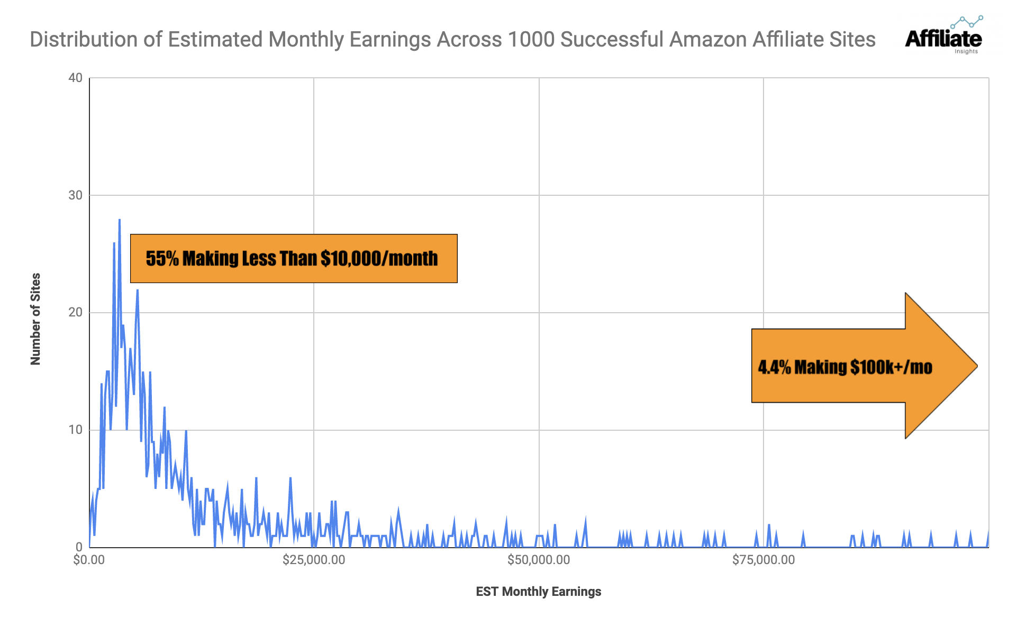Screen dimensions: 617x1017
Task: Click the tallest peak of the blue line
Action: click(x=120, y=220)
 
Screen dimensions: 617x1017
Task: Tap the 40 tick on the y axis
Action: click(x=76, y=78)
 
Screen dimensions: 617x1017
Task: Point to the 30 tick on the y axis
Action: click(x=76, y=195)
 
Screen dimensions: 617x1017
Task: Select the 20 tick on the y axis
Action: click(x=76, y=312)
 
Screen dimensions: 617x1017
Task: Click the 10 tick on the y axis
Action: click(x=76, y=430)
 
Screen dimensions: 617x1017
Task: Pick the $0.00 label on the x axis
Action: click(x=89, y=560)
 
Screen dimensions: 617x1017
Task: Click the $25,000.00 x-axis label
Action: click(x=314, y=560)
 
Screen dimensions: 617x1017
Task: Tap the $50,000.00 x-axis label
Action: click(x=539, y=560)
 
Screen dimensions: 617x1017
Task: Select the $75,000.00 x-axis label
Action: click(x=764, y=560)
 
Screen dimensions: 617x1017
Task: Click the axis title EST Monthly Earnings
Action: click(x=538, y=592)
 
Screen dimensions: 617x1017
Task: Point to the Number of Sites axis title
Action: click(x=35, y=319)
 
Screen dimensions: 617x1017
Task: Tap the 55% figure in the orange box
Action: click(x=162, y=258)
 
